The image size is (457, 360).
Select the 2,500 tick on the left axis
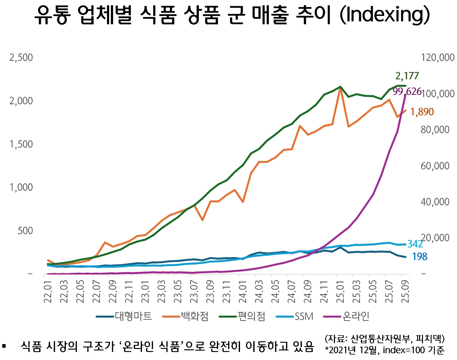21,58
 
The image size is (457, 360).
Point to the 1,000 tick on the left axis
21,187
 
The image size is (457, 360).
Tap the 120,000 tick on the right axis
438,58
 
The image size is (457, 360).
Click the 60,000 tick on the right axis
435,166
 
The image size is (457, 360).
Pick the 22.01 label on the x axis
48,292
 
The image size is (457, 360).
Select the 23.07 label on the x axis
194,292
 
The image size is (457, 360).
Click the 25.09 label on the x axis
405,292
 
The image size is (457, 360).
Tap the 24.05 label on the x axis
275,292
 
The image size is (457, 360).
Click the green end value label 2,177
407,76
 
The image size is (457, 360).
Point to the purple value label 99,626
407,92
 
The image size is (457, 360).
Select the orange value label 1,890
422,112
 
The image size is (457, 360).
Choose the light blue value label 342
415,244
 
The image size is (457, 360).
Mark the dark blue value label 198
419,257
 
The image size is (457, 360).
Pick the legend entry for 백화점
194,316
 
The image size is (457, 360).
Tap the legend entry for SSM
304,316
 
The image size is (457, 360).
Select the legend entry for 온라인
356,316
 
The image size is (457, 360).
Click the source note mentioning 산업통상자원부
385,339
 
